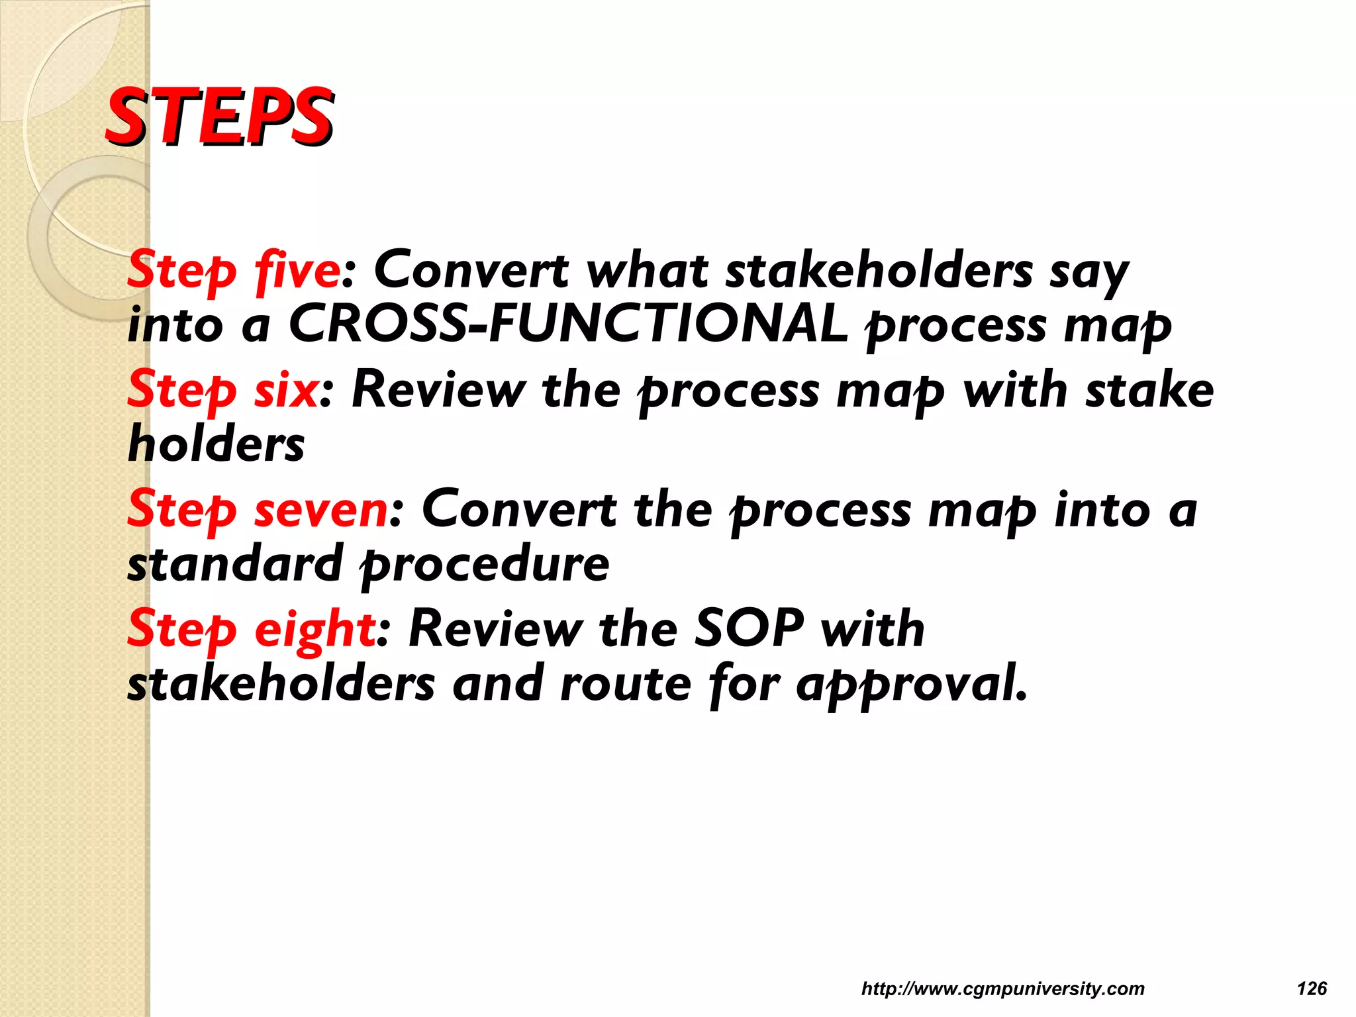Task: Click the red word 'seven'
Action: pyautogui.click(x=321, y=510)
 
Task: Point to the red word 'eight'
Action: pyautogui.click(x=315, y=629)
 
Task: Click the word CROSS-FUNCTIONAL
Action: pyautogui.click(x=568, y=324)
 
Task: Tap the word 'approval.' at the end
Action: pyautogui.click(x=912, y=684)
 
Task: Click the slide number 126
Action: pyautogui.click(x=1312, y=989)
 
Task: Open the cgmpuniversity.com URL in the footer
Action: pyautogui.click(x=1002, y=989)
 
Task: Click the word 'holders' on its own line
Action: pyautogui.click(x=216, y=444)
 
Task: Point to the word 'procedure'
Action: pyautogui.click(x=485, y=565)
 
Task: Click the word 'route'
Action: pyautogui.click(x=626, y=684)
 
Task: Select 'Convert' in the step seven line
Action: pyautogui.click(x=518, y=510)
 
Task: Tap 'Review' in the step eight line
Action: pyautogui.click(x=495, y=629)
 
